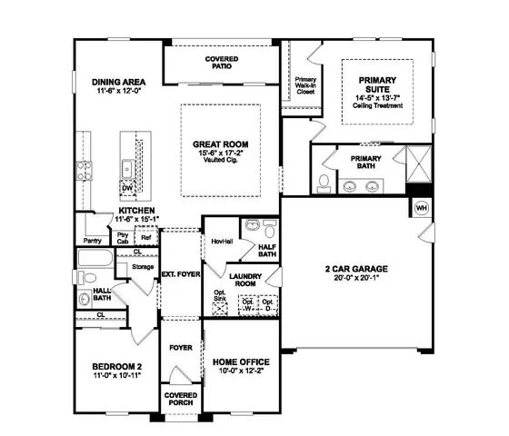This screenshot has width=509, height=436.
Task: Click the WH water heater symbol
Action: tap(421, 208)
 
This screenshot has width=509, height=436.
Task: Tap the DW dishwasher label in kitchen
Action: tap(129, 188)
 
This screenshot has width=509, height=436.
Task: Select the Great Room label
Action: tap(221, 144)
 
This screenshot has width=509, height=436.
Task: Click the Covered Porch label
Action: tap(181, 401)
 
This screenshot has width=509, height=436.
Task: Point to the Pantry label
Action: tap(92, 241)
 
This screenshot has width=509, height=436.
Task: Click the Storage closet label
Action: tap(143, 267)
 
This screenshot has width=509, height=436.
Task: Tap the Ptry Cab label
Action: tap(123, 237)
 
